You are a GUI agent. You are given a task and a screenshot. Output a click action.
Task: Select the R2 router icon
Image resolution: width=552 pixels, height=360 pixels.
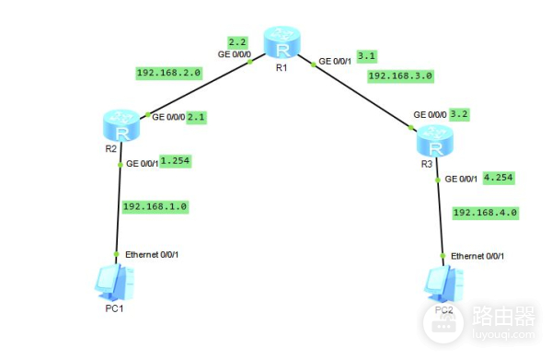(x=121, y=124)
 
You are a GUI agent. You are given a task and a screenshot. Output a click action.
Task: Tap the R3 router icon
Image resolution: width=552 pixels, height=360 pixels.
(x=434, y=142)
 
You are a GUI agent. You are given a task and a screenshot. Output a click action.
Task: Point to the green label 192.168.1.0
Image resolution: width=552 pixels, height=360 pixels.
(x=155, y=207)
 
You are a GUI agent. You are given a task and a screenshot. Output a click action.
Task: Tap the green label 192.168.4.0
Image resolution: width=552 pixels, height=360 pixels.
(x=487, y=213)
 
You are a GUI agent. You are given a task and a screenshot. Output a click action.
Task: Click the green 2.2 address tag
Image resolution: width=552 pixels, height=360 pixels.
(x=236, y=42)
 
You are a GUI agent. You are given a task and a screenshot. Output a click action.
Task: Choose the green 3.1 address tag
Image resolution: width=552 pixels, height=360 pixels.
(x=366, y=55)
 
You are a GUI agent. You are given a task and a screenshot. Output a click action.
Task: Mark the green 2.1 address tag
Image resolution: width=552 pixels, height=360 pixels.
(x=197, y=118)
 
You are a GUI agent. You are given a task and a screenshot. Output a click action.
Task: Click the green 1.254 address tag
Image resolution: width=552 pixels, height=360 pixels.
(x=175, y=161)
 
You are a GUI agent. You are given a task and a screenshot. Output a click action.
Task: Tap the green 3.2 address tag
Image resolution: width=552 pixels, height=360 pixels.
(x=460, y=114)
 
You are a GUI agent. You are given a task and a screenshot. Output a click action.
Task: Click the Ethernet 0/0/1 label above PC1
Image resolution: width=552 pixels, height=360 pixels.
(x=152, y=254)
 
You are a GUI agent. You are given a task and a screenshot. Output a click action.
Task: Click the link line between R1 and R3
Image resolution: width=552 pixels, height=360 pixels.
(x=363, y=91)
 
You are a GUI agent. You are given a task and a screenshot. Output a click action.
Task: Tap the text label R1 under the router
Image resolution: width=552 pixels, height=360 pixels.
(x=282, y=69)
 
